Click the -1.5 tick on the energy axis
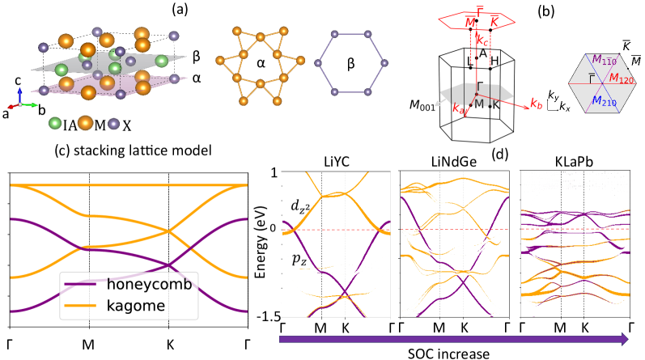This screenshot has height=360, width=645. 264,316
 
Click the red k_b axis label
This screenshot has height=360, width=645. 537,104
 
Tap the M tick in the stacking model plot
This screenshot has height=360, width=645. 89,342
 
